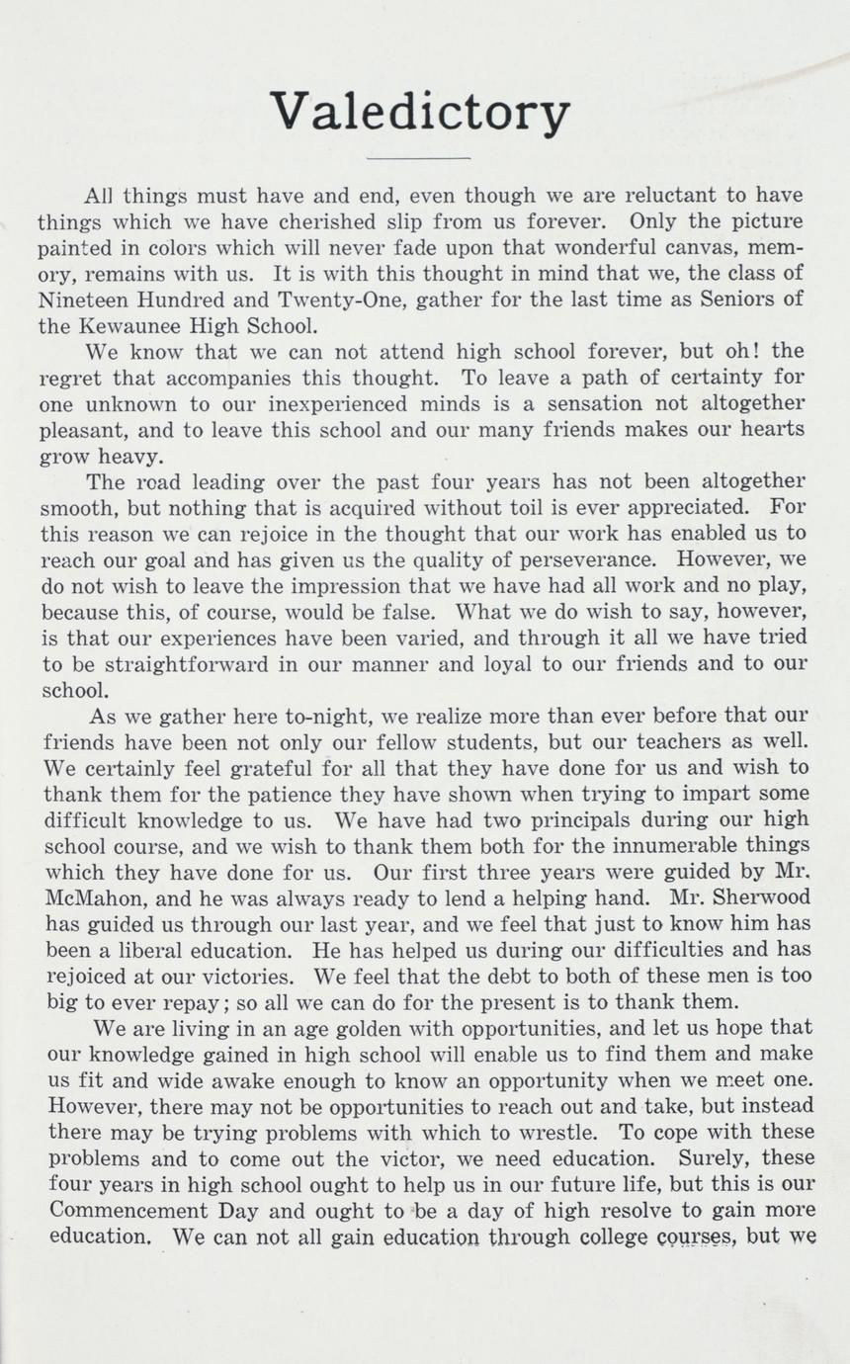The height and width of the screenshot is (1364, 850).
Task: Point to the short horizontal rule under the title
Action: [x=418, y=158]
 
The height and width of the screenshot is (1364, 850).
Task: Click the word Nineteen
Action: [x=83, y=299]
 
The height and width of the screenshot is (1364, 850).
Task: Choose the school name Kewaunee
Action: [x=137, y=325]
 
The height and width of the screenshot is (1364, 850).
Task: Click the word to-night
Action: [x=301, y=715]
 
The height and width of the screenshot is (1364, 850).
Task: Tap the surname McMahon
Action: [x=89, y=897]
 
